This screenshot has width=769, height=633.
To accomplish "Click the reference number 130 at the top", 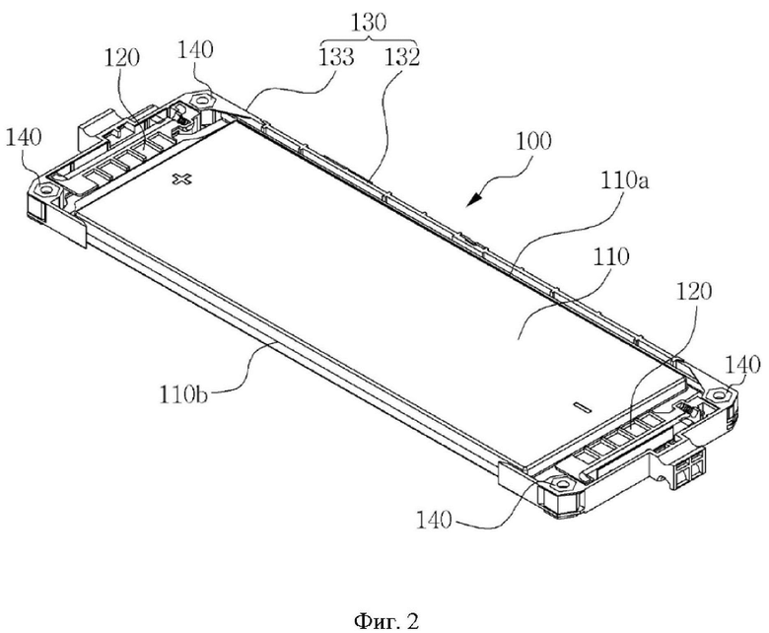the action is click(x=369, y=22).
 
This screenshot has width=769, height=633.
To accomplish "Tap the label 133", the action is click(x=336, y=57).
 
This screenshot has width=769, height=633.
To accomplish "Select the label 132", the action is click(x=401, y=57).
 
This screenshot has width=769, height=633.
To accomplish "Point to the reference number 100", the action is click(x=533, y=141).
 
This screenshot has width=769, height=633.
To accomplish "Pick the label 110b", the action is click(x=182, y=393).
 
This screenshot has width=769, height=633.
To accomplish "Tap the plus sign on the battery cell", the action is click(x=182, y=179).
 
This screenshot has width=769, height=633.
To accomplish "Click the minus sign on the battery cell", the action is click(x=583, y=406).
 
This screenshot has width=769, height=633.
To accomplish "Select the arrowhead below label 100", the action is click(x=474, y=199).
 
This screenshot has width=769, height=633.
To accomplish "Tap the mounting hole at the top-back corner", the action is click(x=200, y=100).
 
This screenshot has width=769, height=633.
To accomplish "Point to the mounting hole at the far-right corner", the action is click(x=717, y=394).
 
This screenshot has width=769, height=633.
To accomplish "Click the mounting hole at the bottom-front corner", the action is click(x=559, y=484).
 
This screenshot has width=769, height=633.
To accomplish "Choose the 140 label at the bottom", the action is click(x=434, y=520).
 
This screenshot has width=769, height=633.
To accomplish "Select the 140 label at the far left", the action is click(x=24, y=137).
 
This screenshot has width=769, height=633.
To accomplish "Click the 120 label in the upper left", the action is click(x=121, y=58).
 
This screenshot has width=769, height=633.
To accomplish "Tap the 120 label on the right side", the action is click(x=694, y=291).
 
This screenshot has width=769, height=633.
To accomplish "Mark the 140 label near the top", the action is click(x=195, y=49).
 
